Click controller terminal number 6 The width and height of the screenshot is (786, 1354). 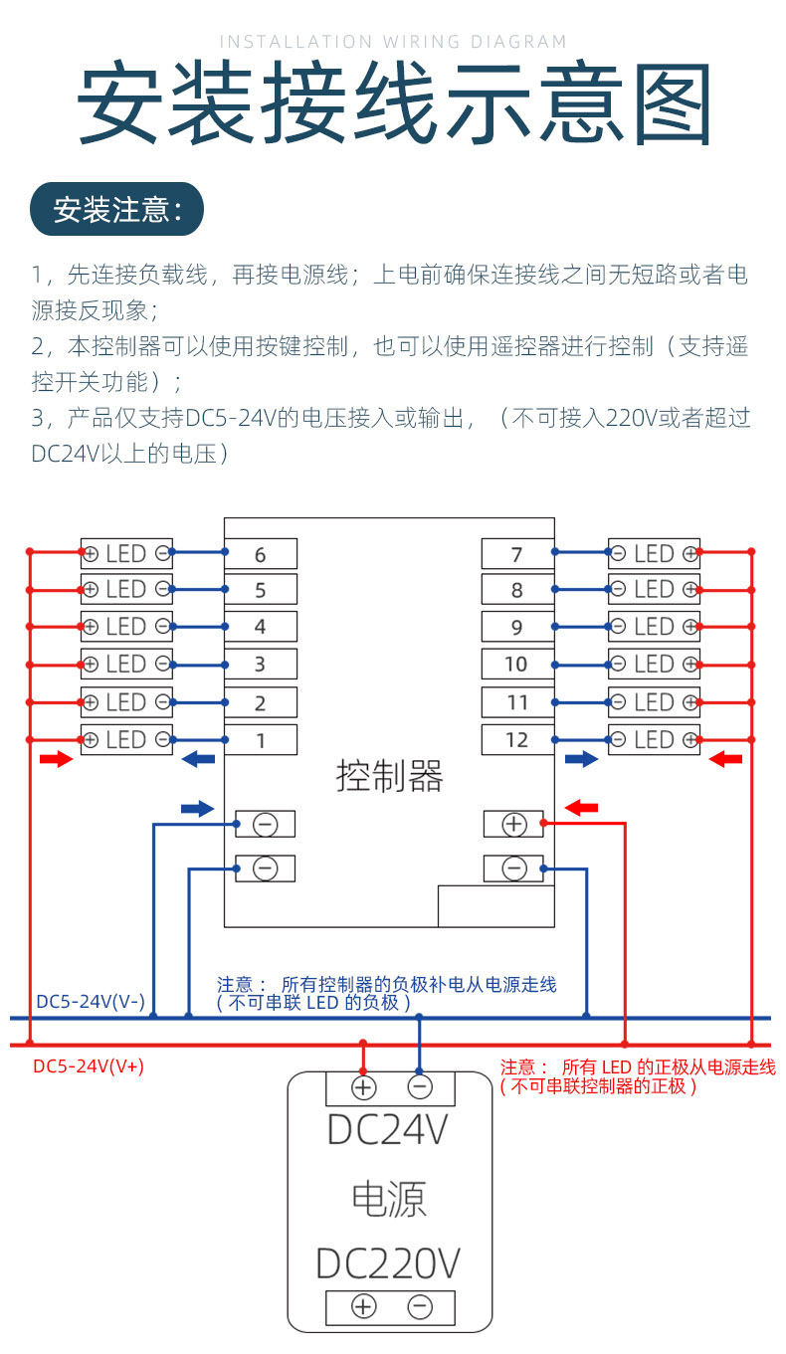tap(260, 554)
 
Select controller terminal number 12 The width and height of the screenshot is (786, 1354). tap(517, 740)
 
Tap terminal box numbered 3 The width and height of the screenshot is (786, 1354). tap(260, 665)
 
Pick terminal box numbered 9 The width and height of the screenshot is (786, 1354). tap(517, 628)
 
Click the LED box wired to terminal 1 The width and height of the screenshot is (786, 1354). tap(126, 739)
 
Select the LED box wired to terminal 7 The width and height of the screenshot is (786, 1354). tap(654, 554)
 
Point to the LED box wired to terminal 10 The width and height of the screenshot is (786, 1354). tap(654, 665)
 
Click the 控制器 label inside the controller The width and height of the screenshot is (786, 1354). tap(389, 776)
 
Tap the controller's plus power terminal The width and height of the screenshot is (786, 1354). tap(513, 824)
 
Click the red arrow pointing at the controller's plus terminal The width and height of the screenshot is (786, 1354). tap(581, 808)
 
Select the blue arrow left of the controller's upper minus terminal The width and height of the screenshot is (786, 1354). tap(198, 809)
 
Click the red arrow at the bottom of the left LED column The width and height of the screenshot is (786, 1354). tap(56, 760)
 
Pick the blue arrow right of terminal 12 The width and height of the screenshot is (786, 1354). tap(581, 760)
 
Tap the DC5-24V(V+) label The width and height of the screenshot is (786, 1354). tap(89, 1066)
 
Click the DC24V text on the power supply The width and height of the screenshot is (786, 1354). tap(389, 1131)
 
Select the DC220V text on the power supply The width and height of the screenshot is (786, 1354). tap(389, 1263)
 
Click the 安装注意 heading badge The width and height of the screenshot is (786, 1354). tap(116, 210)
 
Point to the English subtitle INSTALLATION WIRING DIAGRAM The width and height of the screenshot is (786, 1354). tap(393, 42)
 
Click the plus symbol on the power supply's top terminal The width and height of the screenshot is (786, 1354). tap(364, 1087)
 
